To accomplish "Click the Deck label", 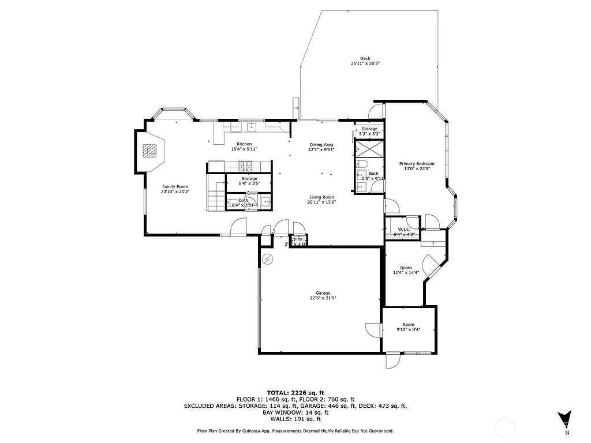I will [365, 58].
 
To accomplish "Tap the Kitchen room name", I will [244, 144].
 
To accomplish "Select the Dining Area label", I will [321, 144].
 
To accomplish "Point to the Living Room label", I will [321, 197].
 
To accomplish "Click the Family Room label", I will [175, 186].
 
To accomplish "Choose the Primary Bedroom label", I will [417, 164].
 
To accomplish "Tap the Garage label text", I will [323, 293].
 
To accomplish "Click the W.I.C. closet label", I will [403, 230].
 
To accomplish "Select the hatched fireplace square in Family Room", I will [149, 151].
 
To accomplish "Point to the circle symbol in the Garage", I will [267, 259].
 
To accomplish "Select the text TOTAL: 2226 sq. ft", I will [295, 392].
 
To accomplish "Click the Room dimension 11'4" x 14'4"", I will [406, 273].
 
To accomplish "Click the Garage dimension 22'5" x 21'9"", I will [323, 298].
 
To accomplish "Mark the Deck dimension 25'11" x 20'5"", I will [365, 64].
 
